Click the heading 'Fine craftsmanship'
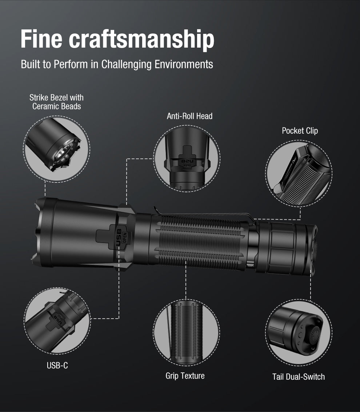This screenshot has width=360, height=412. (x=117, y=39)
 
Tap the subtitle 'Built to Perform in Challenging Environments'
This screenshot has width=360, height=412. (x=117, y=64)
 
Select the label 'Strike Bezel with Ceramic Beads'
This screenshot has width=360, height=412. (x=56, y=102)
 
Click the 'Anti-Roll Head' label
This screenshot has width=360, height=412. (x=189, y=116)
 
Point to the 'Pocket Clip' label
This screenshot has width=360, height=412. (x=300, y=131)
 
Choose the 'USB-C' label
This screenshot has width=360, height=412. (x=57, y=365)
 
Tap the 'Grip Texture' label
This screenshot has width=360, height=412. (x=185, y=376)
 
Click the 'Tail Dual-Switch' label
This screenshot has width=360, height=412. (x=298, y=377)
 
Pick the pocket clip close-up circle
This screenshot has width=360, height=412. (x=299, y=174)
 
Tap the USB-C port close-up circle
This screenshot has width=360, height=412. (x=57, y=320)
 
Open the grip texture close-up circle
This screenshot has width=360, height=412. (x=186, y=332)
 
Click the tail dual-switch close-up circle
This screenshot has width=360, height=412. (x=298, y=333)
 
